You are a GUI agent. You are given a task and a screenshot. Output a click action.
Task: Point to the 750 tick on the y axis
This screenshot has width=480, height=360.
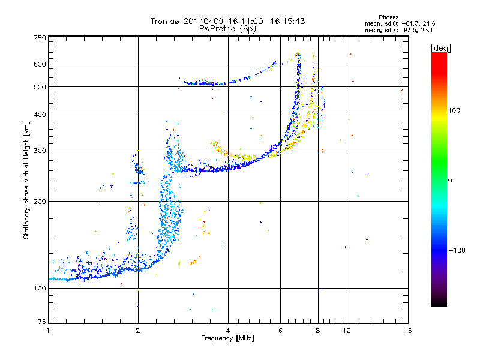pyautogui.click(x=40, y=38)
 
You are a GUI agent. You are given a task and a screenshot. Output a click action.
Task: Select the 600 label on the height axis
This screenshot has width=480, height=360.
pyautogui.click(x=40, y=64)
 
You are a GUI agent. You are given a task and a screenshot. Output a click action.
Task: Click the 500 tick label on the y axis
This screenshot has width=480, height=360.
pyautogui.click(x=40, y=87)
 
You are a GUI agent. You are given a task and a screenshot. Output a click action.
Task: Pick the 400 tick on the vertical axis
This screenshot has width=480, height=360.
pyautogui.click(x=40, y=115)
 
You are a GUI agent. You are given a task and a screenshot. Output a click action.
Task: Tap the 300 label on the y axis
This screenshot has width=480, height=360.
pyautogui.click(x=40, y=151)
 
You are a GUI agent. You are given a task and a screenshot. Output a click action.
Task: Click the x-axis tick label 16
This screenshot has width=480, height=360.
pyautogui.click(x=407, y=331)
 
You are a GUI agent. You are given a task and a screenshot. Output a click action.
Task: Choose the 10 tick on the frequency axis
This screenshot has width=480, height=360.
pyautogui.click(x=346, y=331)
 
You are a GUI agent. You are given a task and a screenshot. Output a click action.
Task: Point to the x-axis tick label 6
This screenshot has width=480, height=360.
pyautogui.click(x=280, y=331)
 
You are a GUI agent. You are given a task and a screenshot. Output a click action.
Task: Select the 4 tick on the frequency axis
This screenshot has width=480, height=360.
pyautogui.click(x=228, y=331)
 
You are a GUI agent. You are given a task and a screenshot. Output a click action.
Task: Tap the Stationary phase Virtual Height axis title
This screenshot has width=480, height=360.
pyautogui.click(x=26, y=180)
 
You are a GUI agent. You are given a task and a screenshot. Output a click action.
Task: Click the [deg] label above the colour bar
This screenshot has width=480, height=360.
pyautogui.click(x=440, y=47)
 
